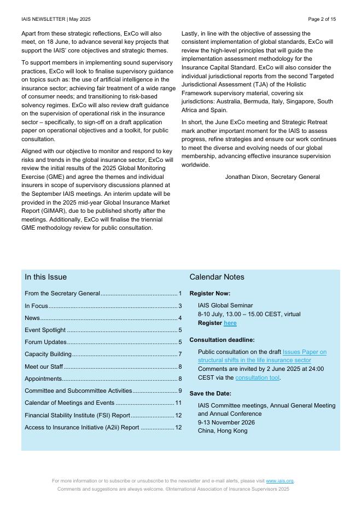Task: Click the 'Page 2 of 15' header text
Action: pos(322,19)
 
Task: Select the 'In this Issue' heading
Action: pos(45,277)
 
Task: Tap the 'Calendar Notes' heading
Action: pos(217,277)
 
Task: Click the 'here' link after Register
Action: pos(230,323)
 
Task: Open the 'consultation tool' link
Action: pos(257,377)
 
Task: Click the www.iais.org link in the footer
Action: pos(279,481)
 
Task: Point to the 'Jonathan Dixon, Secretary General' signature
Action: pos(272,177)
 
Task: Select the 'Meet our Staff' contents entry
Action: pos(44,366)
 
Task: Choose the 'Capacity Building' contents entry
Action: pos(48,354)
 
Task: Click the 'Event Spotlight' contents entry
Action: pos(45,330)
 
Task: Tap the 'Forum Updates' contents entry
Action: pos(45,342)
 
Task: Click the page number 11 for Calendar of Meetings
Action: pos(178,403)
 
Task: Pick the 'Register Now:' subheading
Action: pos(210,293)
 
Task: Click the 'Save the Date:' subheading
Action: pos(211,393)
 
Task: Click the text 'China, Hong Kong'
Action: pos(223,430)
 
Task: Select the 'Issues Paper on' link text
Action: pos(305,352)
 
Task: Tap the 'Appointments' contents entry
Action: pos(43,379)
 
